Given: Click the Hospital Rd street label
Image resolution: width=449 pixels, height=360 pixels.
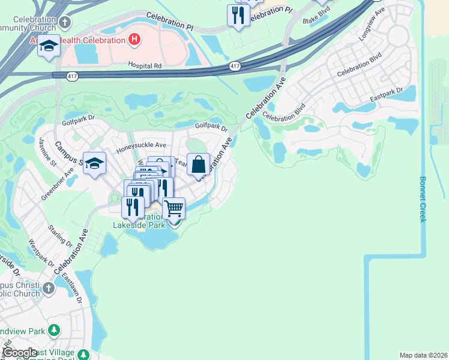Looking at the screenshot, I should (x=145, y=65).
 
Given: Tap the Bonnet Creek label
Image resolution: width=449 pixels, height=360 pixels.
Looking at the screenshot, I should (x=423, y=199).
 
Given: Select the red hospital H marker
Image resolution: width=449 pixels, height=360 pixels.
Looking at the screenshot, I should (x=134, y=40).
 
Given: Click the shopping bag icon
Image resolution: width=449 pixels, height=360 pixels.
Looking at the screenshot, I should (x=199, y=164).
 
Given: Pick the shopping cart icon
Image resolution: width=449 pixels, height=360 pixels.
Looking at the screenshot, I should (x=173, y=209).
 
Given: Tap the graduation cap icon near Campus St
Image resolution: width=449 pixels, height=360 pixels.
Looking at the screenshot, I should (x=94, y=164).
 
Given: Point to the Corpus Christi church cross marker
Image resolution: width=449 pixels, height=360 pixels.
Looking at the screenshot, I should (x=49, y=289).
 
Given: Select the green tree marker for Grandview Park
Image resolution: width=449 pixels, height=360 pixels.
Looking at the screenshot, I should (x=54, y=331).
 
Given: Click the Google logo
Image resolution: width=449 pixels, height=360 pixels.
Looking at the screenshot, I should (x=19, y=353).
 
